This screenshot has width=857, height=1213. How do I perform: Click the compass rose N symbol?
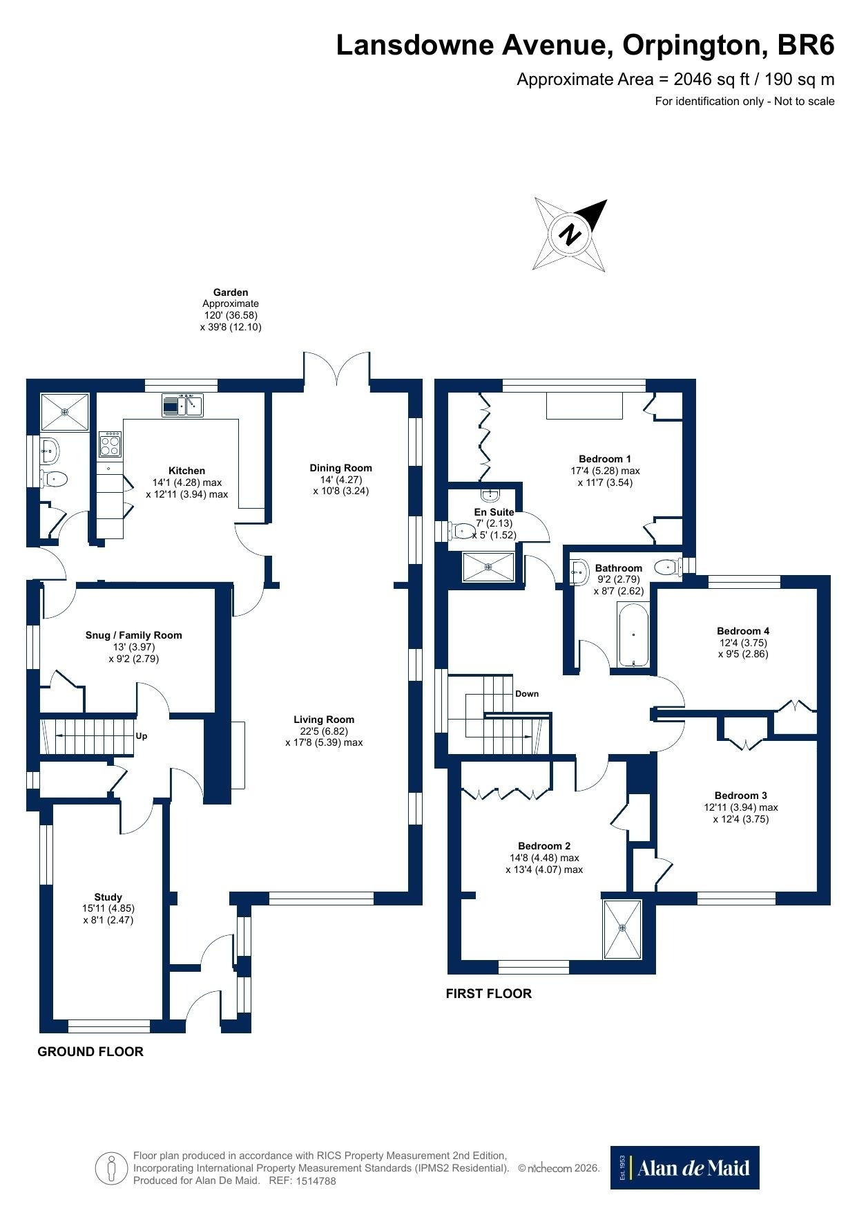point(570,234)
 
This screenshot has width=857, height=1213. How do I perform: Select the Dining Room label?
point(341,468)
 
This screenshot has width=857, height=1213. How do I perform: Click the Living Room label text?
point(324,720)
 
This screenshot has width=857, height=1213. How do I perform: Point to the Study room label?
point(108,897)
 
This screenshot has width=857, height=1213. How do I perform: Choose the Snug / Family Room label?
point(134,635)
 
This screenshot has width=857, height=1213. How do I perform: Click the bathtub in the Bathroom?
point(633,635)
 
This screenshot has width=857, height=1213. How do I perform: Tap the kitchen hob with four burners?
point(110,444)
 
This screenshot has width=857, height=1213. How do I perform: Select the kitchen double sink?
point(182,405)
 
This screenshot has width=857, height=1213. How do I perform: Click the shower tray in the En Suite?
point(488,567)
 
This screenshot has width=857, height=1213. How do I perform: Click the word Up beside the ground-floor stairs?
point(142,736)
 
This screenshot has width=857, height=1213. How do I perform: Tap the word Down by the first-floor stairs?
point(527,693)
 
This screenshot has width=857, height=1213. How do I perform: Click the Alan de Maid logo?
point(684,1167)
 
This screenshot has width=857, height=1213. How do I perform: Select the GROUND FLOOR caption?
point(90,1051)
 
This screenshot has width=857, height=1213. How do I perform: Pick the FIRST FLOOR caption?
point(489,993)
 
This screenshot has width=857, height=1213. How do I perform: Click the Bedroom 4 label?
point(743,631)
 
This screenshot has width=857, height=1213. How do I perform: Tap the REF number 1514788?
point(316,1181)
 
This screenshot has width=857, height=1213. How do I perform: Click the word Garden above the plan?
point(231,292)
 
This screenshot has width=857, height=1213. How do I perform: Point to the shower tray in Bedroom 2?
point(623,929)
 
